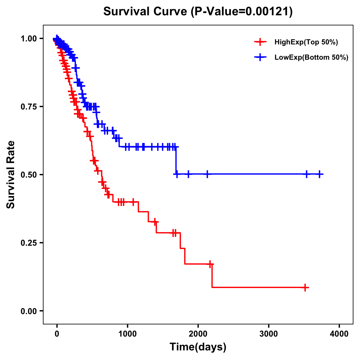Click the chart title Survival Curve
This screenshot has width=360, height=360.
145,12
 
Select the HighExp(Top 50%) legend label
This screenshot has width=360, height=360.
306,42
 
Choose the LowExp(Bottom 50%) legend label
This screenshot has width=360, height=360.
311,58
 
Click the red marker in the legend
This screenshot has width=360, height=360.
260,42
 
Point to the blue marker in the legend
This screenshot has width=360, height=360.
260,57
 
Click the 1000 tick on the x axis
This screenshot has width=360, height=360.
127,334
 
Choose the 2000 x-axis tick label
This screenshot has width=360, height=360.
198,334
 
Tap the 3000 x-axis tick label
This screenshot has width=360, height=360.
268,334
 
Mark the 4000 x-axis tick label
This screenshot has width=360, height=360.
339,334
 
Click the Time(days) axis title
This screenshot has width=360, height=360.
198,347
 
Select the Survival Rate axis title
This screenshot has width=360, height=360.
11,175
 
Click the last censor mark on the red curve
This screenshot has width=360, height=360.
305,287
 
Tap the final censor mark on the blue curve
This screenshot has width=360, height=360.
320,174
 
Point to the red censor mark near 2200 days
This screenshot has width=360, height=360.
210,264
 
